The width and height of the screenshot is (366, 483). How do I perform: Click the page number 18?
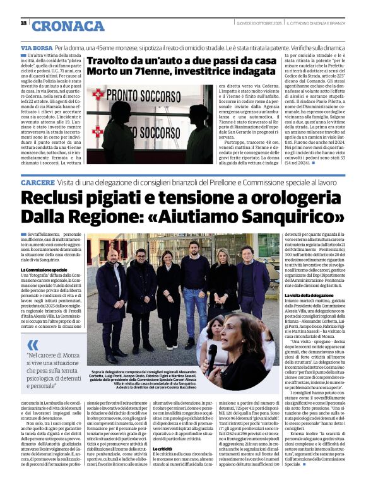click(x=23, y=23)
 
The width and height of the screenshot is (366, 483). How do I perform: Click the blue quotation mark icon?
click(x=33, y=344)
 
